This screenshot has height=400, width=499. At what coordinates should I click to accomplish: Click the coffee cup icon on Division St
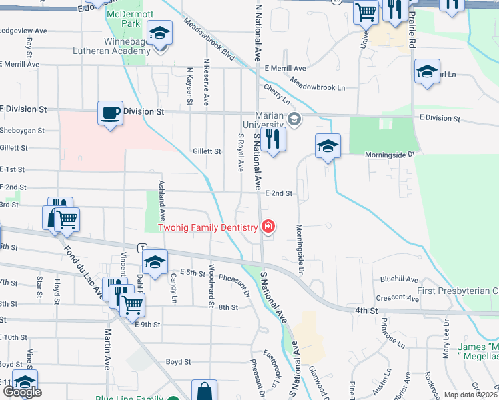[x=111, y=113]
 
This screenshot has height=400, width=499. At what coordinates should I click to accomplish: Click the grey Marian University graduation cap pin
[x=294, y=119]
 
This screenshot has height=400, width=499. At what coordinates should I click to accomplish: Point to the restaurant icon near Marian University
[x=273, y=139]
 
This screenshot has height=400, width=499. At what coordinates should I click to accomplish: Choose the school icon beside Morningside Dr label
[x=328, y=147]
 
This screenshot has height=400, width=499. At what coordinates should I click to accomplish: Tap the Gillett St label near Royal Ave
[x=207, y=152]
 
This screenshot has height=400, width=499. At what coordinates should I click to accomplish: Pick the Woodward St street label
[x=211, y=287]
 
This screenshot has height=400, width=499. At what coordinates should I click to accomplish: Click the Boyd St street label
[x=179, y=362]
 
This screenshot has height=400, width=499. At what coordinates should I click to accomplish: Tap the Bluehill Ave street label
[x=400, y=280]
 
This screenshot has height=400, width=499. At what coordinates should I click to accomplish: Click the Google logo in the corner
[x=21, y=392]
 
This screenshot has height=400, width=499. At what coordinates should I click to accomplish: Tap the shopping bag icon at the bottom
[x=204, y=391]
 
